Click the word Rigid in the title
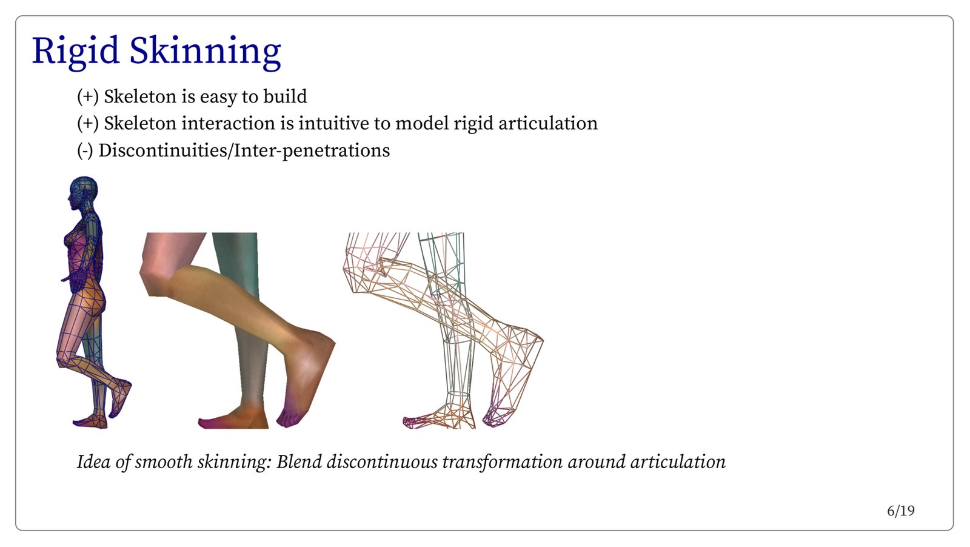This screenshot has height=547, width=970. coord(75,52)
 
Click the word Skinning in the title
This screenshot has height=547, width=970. coord(206,52)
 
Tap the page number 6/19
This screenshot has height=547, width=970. coord(901,511)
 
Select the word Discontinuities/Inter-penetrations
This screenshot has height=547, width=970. coord(244,150)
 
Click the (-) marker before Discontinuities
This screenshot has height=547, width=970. coord(85,151)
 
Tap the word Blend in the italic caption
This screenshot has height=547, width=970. coord(299,461)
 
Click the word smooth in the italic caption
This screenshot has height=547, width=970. coord(164,461)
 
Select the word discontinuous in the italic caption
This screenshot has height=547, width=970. coord(382,461)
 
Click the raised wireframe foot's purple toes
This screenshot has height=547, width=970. coord(496,417)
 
